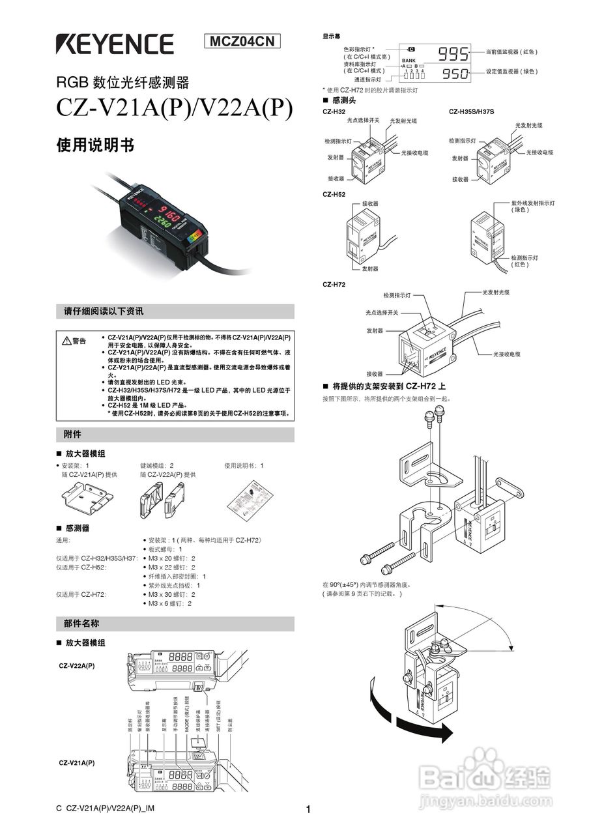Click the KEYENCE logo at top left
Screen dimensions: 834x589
tap(115, 44)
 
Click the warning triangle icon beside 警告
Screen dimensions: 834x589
tap(66, 341)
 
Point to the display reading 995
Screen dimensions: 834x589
tap(453, 53)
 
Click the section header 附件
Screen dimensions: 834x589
tap(72, 434)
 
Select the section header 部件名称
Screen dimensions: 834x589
tap(81, 624)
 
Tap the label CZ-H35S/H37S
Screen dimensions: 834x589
tap(472, 111)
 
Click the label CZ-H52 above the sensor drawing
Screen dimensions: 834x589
tap(334, 194)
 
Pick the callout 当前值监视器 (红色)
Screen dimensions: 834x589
tap(512, 51)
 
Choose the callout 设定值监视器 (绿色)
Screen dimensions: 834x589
tap(512, 72)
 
